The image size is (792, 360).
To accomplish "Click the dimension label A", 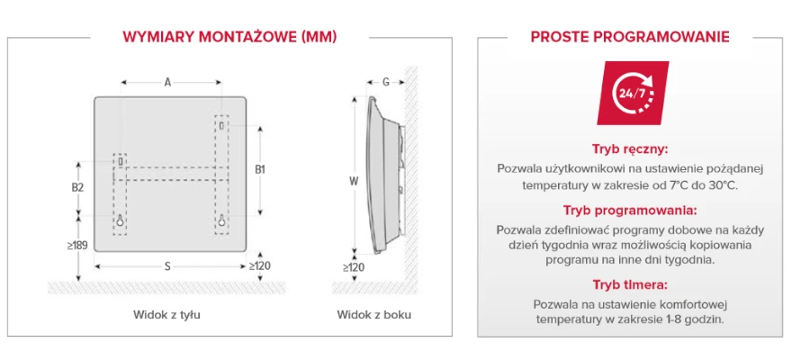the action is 167,82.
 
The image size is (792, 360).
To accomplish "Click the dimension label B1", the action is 259,170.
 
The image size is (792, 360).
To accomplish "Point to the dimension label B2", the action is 77,187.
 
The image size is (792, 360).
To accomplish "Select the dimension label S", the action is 167,267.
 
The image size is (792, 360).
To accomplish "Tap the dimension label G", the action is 386,82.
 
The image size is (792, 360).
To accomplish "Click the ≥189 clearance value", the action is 77,246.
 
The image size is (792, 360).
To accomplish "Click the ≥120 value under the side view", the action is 354,267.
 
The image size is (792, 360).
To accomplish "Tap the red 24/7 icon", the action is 633,94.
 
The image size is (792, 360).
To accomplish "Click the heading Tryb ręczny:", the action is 630,150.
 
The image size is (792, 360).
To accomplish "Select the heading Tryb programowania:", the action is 630,210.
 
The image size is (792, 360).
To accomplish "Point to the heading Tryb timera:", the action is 630,284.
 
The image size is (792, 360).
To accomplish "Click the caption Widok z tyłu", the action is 167,315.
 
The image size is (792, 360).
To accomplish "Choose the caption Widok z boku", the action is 374,315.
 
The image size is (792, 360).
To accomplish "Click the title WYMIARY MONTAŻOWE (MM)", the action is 229,38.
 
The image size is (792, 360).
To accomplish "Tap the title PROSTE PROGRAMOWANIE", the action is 630,38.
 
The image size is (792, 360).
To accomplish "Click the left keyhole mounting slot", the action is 121,220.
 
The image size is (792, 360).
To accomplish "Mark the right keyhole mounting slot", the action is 221,220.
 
